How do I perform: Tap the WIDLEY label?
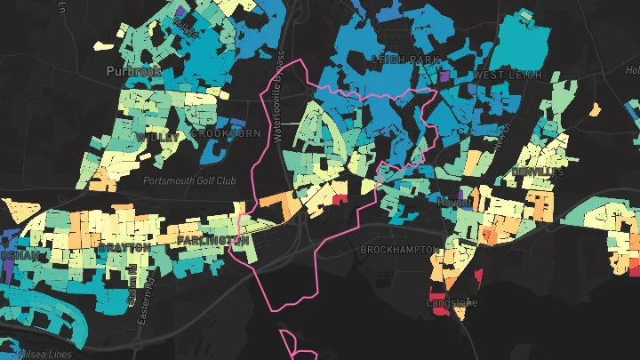(155, 138)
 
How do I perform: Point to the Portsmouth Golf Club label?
(189, 180)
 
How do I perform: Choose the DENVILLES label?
(537, 171)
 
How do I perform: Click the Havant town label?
(454, 203)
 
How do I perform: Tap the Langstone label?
(452, 303)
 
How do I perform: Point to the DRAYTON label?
(124, 246)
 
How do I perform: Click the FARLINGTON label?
(212, 241)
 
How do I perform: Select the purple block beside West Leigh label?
(445, 78)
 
